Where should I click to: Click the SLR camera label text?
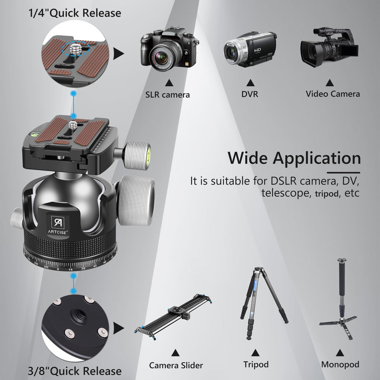pos(167,95)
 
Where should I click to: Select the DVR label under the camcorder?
pos(250,94)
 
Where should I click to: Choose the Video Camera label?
pos(333,94)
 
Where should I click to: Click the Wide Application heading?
pos(294,158)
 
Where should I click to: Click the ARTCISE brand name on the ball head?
pos(58,232)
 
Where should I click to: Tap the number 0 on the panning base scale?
pos(58,269)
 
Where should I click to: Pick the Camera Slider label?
pos(176,365)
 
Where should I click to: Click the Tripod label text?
pos(256,365)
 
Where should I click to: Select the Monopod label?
pos(340,365)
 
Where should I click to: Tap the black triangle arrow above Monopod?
pos(340,353)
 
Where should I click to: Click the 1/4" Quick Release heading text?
pos(75,13)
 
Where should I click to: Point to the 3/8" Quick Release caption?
pos(75,371)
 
